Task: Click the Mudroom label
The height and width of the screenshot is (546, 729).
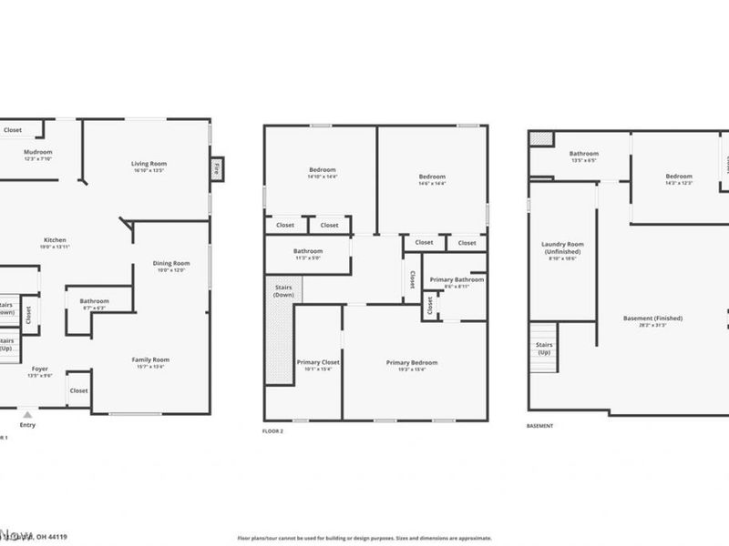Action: point(37,152)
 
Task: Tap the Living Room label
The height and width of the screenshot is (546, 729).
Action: point(149,164)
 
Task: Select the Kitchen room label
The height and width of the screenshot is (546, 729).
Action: point(54,240)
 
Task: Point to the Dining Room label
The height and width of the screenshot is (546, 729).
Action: point(171,264)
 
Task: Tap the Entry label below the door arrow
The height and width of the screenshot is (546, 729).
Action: point(28,424)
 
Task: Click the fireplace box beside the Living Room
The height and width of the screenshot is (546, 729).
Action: point(216,169)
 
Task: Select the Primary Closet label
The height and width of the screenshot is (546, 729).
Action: point(318,363)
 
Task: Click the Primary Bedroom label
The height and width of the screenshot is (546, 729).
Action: point(406,363)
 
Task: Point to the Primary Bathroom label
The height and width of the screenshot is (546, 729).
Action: point(457,280)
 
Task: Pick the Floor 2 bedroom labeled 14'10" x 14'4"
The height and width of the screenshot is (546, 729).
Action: point(323,170)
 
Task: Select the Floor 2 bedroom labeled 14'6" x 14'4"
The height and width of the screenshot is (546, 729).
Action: point(432,177)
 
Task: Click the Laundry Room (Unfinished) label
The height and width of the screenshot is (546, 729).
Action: point(562,245)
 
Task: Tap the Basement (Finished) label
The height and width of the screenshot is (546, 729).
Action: point(652,318)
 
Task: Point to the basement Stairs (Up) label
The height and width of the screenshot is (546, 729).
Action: point(544,347)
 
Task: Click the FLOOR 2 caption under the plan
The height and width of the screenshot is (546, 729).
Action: point(273,430)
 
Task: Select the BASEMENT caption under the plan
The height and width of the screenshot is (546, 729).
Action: point(539,425)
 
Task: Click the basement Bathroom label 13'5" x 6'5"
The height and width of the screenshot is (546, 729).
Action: point(583,155)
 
